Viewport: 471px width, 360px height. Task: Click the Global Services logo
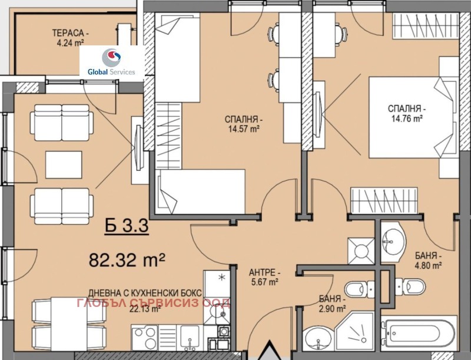coord(112,62)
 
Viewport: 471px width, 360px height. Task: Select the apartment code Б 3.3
coord(127,226)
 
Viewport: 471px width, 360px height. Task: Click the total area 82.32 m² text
coord(127,260)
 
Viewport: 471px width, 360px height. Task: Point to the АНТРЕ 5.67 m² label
coord(264,277)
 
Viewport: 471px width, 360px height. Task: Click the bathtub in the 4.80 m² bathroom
coord(419,333)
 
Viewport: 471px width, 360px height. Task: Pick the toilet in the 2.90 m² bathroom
coord(360,289)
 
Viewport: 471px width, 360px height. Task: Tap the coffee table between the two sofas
coord(64,164)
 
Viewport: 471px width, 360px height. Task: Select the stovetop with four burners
coord(145,338)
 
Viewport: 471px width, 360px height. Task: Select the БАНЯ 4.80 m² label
coord(428,261)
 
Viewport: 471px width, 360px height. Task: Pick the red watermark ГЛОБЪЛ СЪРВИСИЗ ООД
coord(154,303)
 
